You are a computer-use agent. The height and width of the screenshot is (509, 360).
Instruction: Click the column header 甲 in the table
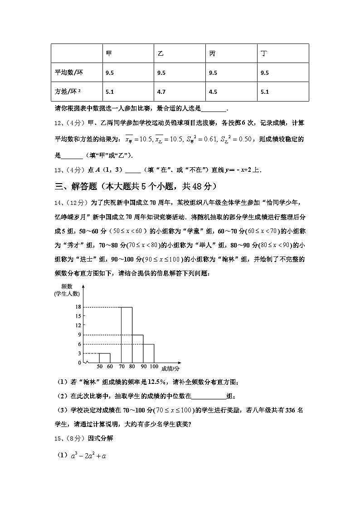(109, 53)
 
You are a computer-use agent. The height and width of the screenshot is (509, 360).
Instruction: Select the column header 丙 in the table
(212, 53)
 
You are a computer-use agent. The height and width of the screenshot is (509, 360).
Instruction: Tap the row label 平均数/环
(69, 73)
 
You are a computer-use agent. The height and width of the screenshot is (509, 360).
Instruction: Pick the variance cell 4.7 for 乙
(161, 92)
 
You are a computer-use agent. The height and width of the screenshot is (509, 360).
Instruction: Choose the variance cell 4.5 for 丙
(213, 92)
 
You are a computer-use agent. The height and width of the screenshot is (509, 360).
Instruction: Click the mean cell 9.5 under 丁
(265, 73)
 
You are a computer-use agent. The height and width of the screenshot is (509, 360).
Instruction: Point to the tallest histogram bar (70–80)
(126, 335)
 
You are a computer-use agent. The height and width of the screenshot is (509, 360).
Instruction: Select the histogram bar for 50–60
(104, 358)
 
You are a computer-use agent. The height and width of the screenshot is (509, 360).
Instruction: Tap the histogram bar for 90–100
(149, 354)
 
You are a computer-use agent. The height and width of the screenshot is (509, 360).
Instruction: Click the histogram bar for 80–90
(138, 349)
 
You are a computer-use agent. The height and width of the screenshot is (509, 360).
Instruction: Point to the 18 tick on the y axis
(78, 307)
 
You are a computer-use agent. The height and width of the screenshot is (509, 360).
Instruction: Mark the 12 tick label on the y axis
(78, 325)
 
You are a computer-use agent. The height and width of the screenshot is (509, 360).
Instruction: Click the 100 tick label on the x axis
(153, 366)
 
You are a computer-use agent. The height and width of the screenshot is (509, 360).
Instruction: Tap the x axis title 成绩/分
(170, 369)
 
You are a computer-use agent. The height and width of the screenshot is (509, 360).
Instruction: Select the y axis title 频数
(67, 286)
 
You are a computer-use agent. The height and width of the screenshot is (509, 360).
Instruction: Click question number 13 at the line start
(58, 170)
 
